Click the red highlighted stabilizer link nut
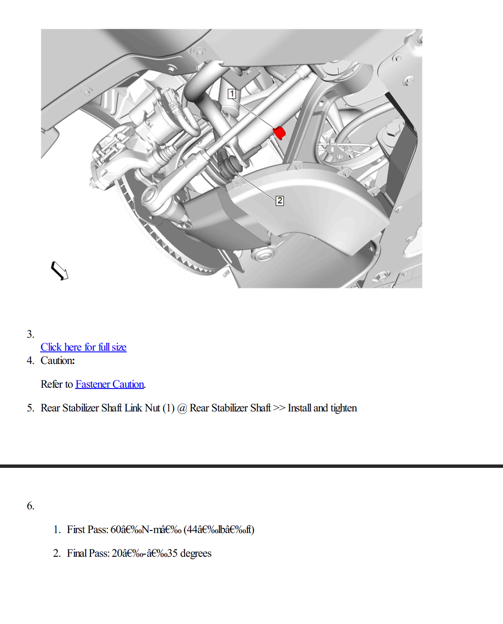coord(279,132)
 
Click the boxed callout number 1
coord(232,94)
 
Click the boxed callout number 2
coord(280,201)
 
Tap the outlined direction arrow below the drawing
coord(59,271)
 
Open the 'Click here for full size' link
coord(83,347)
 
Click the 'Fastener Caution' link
coord(109,384)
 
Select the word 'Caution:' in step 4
coord(58,361)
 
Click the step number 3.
coord(30,334)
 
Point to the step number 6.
coord(30,506)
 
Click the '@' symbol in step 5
coord(182,408)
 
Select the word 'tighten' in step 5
coord(344,408)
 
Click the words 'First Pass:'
coord(87,530)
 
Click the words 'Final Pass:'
coord(88,553)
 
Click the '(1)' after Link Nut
coord(169,408)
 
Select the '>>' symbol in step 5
coord(279,408)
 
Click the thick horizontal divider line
coord(251,466)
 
